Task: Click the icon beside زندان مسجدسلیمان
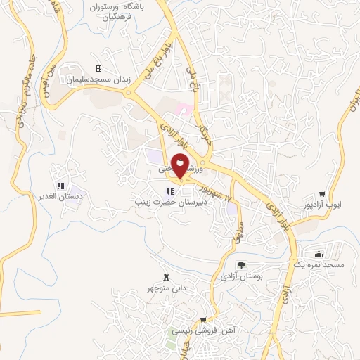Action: (98, 68)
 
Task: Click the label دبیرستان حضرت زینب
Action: (170, 202)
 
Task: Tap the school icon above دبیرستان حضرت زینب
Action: (169, 191)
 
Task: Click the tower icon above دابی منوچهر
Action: (166, 276)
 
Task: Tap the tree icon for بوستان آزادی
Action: (241, 265)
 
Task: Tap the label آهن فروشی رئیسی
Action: (204, 330)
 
